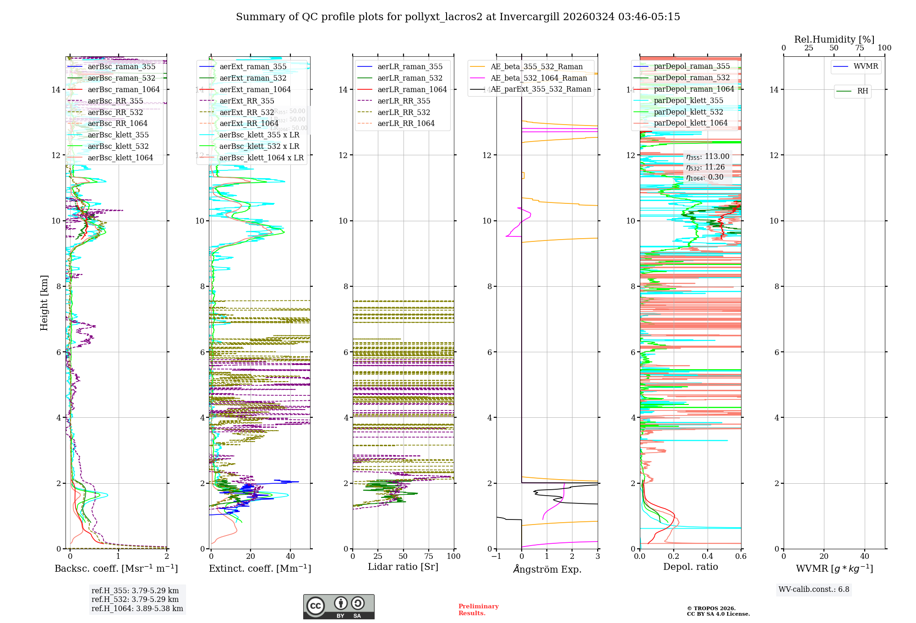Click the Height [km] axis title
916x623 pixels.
[x=44, y=302]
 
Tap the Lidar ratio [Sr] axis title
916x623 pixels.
[x=403, y=567]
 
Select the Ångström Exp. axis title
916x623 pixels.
[x=547, y=569]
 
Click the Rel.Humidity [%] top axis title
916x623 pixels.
[x=834, y=39]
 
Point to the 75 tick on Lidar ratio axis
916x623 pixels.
[x=429, y=557]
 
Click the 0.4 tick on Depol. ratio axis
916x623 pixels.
[x=707, y=557]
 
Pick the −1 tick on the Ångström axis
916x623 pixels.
[x=496, y=557]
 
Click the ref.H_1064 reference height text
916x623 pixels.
[x=137, y=609]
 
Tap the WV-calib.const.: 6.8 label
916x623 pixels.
[x=814, y=590]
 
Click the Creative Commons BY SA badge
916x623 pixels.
[x=338, y=607]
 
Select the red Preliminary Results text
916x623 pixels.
[x=478, y=610]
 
